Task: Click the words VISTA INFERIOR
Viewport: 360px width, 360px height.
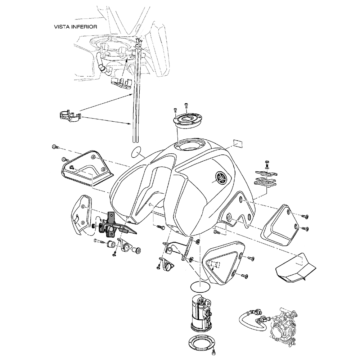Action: pos(75,26)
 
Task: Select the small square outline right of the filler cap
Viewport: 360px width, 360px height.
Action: pos(238,143)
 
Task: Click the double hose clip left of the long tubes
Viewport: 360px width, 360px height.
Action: pos(69,117)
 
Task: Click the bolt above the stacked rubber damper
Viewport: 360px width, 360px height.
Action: pos(266,162)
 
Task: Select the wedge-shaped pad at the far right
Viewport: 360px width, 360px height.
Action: pos(296,267)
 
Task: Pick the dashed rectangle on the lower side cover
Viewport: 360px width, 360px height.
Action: pos(215,265)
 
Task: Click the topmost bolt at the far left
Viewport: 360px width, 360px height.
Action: pos(54,147)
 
